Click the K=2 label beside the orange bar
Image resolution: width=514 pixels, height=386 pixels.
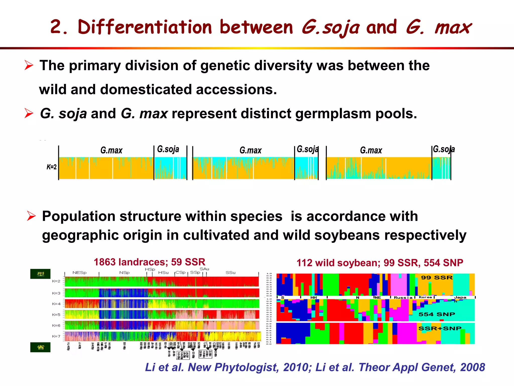pos(51,167)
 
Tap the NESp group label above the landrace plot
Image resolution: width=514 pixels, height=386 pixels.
pos(79,273)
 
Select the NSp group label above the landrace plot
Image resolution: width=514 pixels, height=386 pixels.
pos(124,273)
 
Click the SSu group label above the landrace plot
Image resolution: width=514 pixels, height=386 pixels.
pos(230,273)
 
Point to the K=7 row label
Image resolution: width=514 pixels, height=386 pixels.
pos(56,336)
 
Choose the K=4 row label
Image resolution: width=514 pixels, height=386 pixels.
pos(56,304)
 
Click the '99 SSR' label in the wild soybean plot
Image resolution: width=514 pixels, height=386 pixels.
pos(437,278)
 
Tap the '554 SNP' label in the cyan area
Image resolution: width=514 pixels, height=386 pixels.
pos(437,314)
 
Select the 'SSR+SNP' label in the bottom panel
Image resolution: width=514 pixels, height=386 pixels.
pos(440,328)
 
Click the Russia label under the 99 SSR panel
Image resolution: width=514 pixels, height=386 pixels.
pos(403,298)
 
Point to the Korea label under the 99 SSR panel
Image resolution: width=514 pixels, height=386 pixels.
pos(425,297)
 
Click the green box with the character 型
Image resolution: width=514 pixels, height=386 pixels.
pos(40,274)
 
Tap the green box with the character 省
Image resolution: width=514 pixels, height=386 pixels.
pos(40,347)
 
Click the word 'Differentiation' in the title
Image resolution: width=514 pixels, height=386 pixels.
pos(145,27)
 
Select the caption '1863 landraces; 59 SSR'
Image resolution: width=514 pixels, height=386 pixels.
pos(149,262)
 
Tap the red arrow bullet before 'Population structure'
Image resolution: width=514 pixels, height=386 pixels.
pos(31,216)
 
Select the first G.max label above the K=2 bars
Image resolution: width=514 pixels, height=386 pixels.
pos(111,150)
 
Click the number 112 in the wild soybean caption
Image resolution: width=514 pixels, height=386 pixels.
pos(305,263)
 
